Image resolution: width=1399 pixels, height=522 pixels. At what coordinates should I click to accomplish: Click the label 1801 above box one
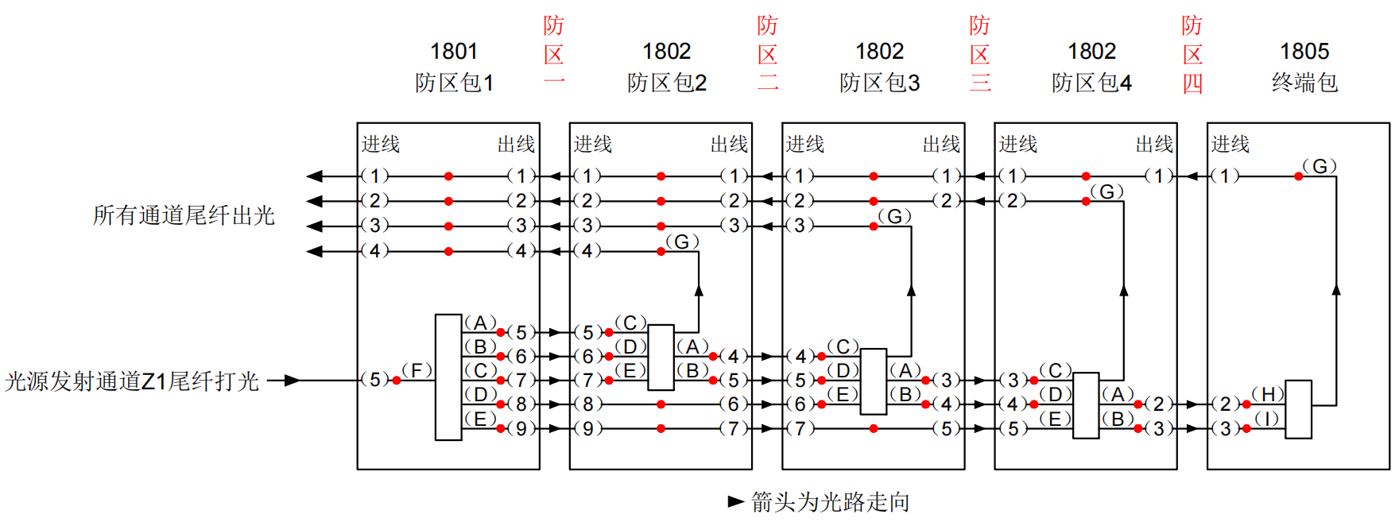coord(454,52)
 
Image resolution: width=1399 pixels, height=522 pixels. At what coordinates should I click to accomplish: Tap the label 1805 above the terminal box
coord(1304,52)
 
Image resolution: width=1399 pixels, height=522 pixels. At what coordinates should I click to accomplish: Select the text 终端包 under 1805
coord(1304,83)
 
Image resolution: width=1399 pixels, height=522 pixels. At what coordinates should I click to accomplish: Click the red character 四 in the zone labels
coord(1192,83)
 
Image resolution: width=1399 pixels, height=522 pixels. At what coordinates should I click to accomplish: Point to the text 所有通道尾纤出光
coord(184,215)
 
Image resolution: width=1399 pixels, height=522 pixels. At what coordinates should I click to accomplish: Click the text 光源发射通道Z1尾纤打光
coord(132,381)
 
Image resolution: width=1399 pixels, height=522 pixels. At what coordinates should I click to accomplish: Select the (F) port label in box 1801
coord(417,370)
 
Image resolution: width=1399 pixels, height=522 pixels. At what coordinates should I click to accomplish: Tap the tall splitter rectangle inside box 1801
coord(448,377)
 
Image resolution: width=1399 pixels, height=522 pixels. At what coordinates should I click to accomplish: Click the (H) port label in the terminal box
coord(1268,394)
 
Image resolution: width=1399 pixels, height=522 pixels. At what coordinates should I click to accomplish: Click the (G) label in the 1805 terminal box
coord(1320,166)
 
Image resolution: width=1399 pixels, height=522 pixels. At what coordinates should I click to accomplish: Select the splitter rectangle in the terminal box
coord(1298,409)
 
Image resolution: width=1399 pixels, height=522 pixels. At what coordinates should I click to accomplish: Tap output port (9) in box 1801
coord(521,429)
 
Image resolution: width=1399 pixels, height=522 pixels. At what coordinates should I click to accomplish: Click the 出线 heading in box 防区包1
coord(516,145)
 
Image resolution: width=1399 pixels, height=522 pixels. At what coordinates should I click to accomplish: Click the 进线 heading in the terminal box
coord(1230,145)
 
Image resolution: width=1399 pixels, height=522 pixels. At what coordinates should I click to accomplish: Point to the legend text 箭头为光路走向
coord(830,502)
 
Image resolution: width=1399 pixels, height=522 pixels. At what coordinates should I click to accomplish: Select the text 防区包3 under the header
coord(879,83)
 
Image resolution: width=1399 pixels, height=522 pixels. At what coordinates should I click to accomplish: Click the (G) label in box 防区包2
coord(682,242)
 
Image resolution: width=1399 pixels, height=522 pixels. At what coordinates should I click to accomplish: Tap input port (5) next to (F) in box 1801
coord(375,380)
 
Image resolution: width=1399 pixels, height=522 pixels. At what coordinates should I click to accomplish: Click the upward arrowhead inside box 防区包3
coord(911,291)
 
